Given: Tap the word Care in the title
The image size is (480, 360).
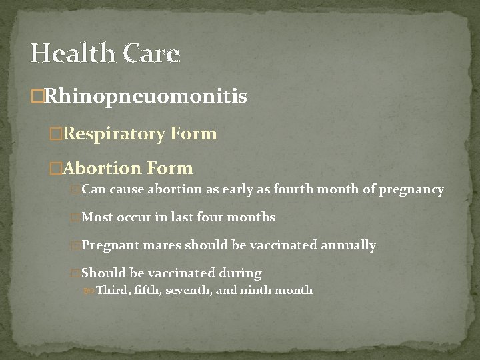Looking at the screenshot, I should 151,53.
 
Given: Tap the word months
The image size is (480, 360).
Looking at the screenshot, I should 251,217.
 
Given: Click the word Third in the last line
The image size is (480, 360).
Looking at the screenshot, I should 111,290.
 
